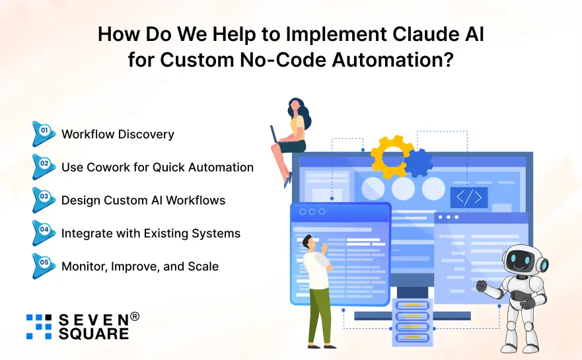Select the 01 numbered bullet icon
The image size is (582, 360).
pos(44,133)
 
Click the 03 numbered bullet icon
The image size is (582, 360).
pos(44,199)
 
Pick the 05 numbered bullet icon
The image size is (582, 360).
pos(44,266)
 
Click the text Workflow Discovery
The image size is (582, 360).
pos(118,134)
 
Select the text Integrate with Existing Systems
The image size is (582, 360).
pos(151,233)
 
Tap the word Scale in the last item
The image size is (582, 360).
pos(201,266)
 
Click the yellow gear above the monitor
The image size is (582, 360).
pos(392,156)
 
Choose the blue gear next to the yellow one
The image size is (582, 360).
pos(418,162)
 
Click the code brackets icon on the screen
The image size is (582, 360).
pos(469,197)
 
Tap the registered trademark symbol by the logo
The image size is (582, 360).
pos(135,316)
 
